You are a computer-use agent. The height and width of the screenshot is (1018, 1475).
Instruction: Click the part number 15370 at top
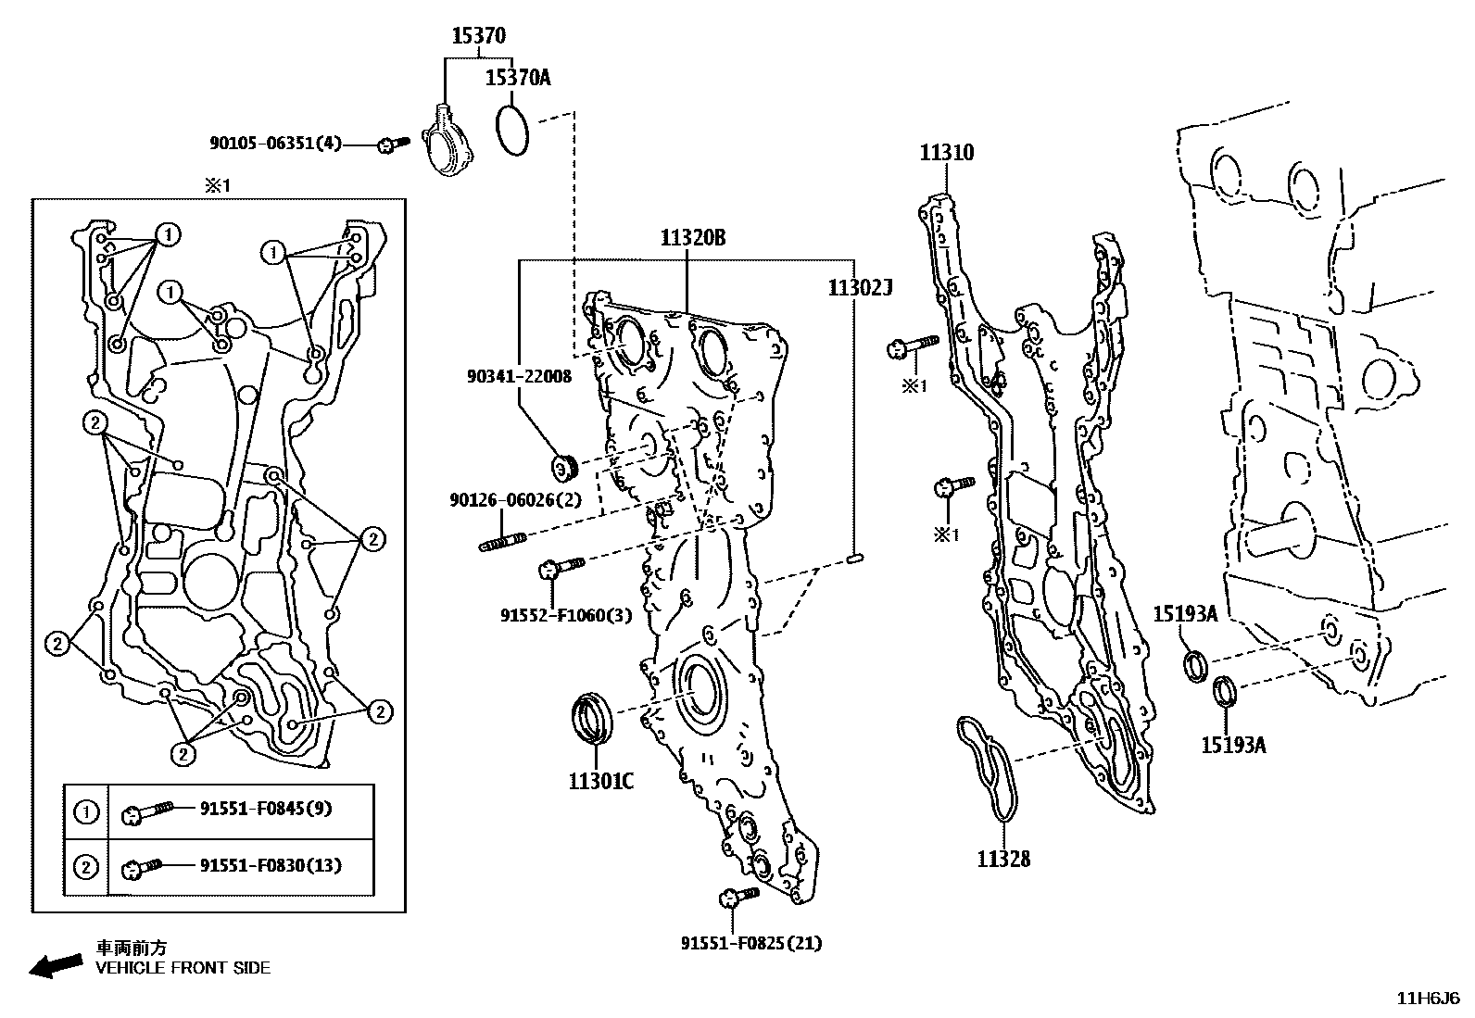click(478, 36)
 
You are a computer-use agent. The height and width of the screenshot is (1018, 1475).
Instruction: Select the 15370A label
click(518, 78)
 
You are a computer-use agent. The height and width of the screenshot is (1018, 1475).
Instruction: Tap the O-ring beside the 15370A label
click(512, 132)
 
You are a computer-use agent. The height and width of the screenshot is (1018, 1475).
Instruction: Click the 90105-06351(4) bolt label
click(275, 144)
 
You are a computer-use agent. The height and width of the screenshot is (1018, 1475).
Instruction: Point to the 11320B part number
click(692, 238)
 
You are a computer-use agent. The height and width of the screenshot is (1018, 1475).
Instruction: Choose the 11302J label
click(859, 289)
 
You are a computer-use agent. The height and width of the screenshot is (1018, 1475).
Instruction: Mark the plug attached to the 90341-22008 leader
click(563, 467)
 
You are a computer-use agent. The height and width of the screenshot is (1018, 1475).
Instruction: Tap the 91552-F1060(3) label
click(566, 614)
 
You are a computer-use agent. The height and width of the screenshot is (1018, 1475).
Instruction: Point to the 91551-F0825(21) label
click(751, 943)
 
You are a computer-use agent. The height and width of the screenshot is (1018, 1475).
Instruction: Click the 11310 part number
click(946, 153)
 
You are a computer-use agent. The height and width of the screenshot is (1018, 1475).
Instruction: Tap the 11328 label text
click(1002, 859)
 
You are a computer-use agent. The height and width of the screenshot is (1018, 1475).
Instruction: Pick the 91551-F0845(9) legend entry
click(266, 809)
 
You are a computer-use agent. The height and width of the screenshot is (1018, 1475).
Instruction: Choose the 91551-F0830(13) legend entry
click(271, 866)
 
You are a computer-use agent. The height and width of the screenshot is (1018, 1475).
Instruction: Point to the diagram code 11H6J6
click(1429, 999)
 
